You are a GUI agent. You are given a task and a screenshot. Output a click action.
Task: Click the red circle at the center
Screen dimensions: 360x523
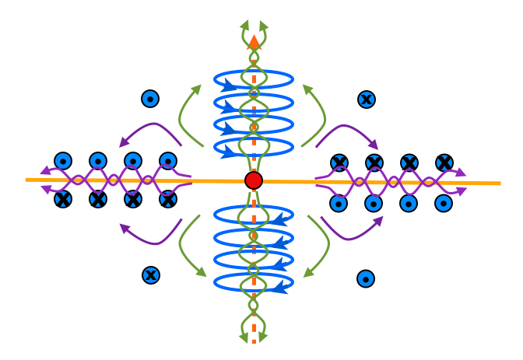pyautogui.click(x=253, y=180)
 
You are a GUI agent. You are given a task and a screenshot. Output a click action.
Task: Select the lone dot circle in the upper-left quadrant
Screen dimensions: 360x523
pyautogui.click(x=150, y=99)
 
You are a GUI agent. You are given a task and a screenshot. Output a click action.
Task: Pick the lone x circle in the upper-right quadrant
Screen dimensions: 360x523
pyautogui.click(x=367, y=99)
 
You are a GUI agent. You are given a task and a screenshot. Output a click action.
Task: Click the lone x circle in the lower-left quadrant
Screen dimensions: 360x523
pyautogui.click(x=151, y=274)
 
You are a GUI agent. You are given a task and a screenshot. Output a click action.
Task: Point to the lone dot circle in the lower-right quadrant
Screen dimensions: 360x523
pyautogui.click(x=366, y=278)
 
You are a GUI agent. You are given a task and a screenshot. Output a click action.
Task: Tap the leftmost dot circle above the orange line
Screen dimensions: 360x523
pyautogui.click(x=63, y=161)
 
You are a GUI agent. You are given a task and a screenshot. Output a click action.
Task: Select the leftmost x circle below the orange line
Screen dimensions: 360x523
pyautogui.click(x=63, y=199)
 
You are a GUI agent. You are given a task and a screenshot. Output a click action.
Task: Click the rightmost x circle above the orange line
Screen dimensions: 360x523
pyautogui.click(x=444, y=163)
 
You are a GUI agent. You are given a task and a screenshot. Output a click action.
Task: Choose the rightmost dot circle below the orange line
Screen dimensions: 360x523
pyautogui.click(x=444, y=203)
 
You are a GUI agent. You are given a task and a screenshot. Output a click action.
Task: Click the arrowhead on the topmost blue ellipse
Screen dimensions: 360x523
pyautogui.click(x=228, y=85)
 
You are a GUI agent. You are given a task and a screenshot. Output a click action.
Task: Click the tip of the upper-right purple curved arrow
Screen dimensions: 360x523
pyautogui.click(x=377, y=149)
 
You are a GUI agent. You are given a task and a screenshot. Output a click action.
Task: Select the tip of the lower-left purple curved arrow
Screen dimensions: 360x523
pyautogui.click(x=120, y=225)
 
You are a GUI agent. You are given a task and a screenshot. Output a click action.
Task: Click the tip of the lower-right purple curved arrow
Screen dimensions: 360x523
pyautogui.click(x=382, y=218)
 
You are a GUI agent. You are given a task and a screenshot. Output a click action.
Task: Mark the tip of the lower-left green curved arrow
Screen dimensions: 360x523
pyautogui.click(x=205, y=275)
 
